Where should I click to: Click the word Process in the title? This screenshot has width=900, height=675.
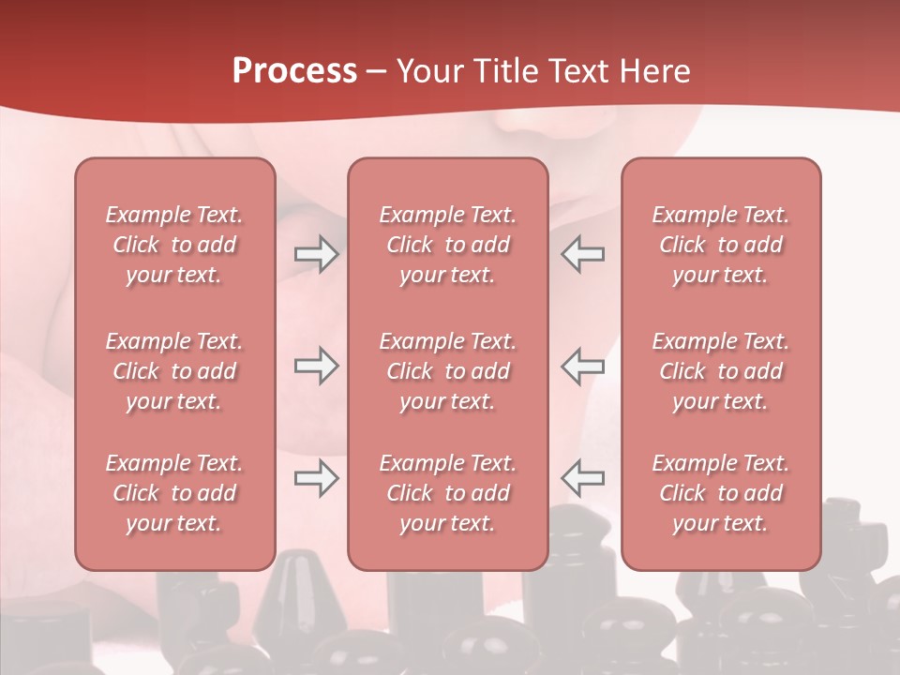(294, 71)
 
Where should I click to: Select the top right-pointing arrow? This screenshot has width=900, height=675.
(316, 254)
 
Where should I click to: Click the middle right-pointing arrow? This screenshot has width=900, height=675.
(316, 366)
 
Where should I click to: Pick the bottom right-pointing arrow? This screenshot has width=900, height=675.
(316, 478)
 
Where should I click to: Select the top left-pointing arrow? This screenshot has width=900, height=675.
(583, 254)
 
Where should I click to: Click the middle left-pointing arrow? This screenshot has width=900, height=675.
(583, 366)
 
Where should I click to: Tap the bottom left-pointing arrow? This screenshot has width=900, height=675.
(583, 478)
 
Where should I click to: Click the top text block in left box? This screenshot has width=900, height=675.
(174, 245)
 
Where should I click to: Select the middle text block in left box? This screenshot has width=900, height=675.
(174, 371)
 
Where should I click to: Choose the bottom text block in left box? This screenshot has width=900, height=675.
(174, 493)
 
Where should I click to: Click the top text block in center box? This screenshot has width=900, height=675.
(447, 245)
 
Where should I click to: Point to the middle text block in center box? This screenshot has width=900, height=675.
(447, 371)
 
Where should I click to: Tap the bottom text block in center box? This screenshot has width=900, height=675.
(447, 493)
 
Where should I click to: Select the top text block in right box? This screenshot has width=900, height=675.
(721, 245)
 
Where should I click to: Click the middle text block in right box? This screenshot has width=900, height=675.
(721, 371)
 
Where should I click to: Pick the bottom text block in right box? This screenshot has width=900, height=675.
(721, 493)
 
